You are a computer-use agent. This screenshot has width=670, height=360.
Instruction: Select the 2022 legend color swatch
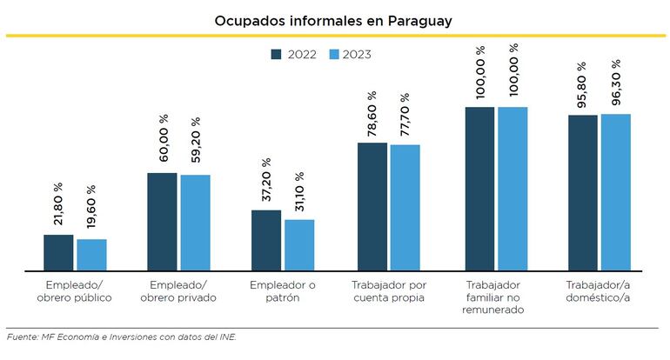(277, 54)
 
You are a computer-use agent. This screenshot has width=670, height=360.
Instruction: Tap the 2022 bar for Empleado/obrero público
(58, 253)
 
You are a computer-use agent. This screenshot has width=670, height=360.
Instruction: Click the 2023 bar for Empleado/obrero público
(91, 256)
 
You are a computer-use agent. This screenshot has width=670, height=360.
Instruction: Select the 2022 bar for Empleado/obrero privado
(162, 223)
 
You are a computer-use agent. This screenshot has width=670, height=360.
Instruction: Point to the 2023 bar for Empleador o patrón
(299, 246)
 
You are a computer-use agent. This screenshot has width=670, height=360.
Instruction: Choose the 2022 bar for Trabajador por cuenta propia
(372, 208)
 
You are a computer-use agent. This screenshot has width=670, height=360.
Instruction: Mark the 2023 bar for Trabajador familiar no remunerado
(513, 190)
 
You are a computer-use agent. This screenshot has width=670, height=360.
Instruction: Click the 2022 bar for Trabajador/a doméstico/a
(583, 193)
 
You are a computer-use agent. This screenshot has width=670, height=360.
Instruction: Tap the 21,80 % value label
(58, 204)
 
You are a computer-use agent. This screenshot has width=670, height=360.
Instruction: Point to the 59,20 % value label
(196, 143)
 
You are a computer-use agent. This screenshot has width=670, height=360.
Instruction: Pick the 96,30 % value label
(616, 83)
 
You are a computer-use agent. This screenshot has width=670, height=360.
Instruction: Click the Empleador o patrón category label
(280, 291)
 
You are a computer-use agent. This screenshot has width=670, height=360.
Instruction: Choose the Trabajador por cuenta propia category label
(389, 291)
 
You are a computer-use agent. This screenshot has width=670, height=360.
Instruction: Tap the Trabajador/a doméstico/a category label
(599, 291)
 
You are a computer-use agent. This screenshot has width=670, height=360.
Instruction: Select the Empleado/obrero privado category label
(178, 291)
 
